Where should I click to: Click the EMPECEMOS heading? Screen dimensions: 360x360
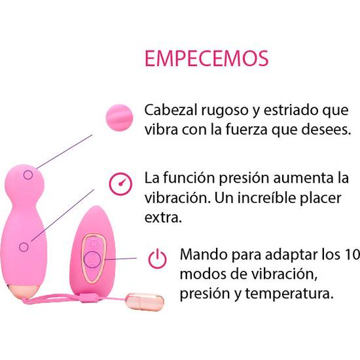click(x=207, y=58)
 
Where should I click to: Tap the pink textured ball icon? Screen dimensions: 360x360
click(x=119, y=118)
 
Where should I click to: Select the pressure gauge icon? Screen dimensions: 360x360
click(x=120, y=184)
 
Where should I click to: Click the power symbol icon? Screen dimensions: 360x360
click(x=157, y=259)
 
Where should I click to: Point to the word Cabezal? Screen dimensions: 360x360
click(x=171, y=110)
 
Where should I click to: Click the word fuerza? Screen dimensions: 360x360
click(x=246, y=130)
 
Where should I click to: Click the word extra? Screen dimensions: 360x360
click(x=163, y=218)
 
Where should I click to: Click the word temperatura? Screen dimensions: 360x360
click(x=289, y=294)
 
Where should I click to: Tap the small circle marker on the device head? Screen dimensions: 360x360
click(x=28, y=175)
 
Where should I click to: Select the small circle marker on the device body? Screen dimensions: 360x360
click(x=24, y=247)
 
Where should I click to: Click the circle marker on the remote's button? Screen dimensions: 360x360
click(x=92, y=260)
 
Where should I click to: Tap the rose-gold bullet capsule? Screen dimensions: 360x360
click(x=145, y=302)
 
